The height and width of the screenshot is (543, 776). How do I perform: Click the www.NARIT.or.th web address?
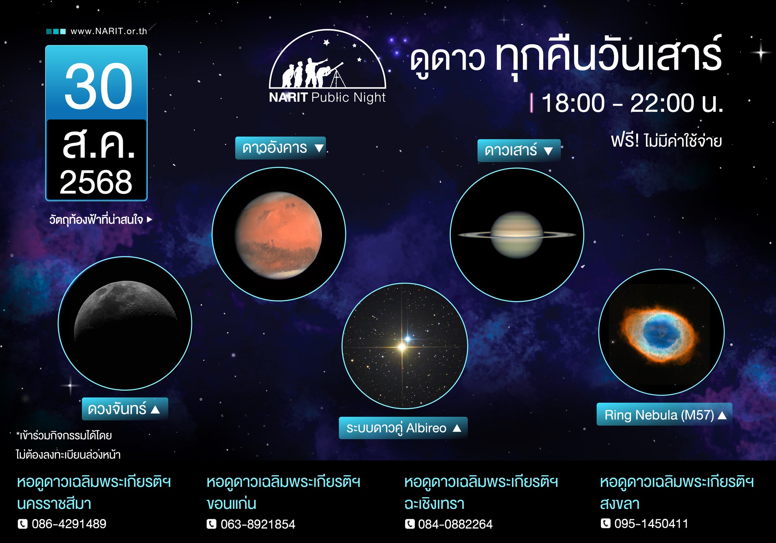[109, 31]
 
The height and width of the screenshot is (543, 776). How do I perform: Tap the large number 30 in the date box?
[99, 86]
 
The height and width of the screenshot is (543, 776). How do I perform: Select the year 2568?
[96, 182]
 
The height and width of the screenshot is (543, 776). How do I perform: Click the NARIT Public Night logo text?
[327, 98]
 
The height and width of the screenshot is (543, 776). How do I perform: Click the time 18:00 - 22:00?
[632, 103]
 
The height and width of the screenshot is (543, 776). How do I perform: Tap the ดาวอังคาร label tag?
[280, 148]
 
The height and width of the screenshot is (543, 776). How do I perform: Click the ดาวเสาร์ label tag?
[519, 151]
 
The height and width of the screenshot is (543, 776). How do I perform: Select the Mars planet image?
[278, 235]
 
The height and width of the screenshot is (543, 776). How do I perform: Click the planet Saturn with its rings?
[517, 235]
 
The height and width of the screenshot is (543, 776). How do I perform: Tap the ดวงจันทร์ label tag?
[125, 409]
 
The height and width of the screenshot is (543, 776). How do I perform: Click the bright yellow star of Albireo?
[402, 346]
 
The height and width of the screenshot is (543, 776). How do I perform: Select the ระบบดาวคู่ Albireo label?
[403, 428]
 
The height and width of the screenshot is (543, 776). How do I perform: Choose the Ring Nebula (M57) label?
[665, 415]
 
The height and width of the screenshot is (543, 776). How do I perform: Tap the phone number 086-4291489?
[69, 524]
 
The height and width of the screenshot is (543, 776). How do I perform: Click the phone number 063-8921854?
[258, 524]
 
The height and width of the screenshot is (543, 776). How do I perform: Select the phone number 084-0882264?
[455, 524]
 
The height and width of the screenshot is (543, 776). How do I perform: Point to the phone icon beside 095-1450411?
[606, 524]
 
